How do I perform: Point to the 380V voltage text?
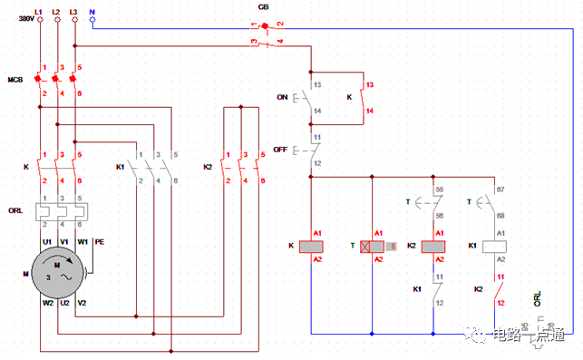click(25, 19)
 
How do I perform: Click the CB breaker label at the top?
click(264, 6)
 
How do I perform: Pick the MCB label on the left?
click(15, 80)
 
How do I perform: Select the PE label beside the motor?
click(100, 242)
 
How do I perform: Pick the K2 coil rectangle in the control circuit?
click(439, 246)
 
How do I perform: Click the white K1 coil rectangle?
click(495, 246)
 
